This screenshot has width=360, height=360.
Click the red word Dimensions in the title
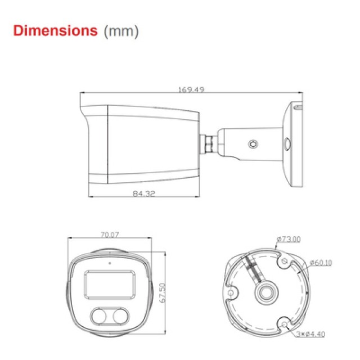[x=55, y=30]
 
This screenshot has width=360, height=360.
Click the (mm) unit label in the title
[x=120, y=31]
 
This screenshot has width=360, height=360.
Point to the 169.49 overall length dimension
[x=191, y=88]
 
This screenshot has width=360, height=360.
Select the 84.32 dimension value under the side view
[x=143, y=193]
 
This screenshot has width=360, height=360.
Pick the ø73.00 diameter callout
[x=289, y=240]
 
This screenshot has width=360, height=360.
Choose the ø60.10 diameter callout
[x=321, y=262]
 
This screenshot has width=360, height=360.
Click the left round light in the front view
[x=101, y=317]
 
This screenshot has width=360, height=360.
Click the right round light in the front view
[x=121, y=317]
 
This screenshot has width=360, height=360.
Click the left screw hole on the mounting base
[x=232, y=294]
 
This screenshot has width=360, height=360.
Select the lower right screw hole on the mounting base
[x=285, y=323]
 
